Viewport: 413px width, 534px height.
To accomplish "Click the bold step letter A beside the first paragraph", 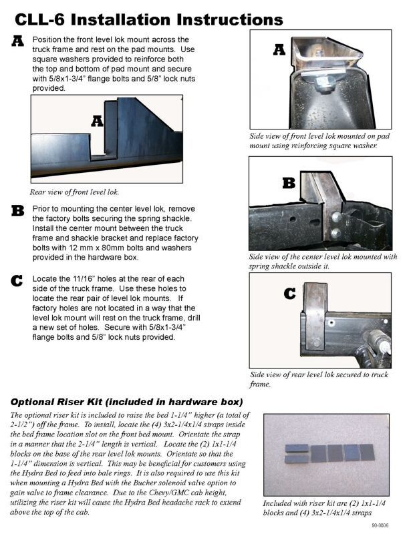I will tap(19, 42).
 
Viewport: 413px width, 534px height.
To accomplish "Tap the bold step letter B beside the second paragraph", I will tap(19, 211).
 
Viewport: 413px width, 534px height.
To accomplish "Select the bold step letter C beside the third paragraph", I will tap(19, 280).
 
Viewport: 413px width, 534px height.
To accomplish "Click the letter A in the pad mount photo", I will tap(280, 49).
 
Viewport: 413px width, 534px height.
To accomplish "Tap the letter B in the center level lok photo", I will tap(289, 182).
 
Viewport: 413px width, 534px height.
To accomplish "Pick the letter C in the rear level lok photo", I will tap(290, 293).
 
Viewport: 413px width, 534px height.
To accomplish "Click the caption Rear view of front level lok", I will tap(75, 192).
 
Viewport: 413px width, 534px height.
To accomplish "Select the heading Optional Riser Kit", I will tap(127, 402).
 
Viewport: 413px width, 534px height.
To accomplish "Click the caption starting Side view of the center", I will tap(323, 261).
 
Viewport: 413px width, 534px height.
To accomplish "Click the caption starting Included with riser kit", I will tap(325, 508).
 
